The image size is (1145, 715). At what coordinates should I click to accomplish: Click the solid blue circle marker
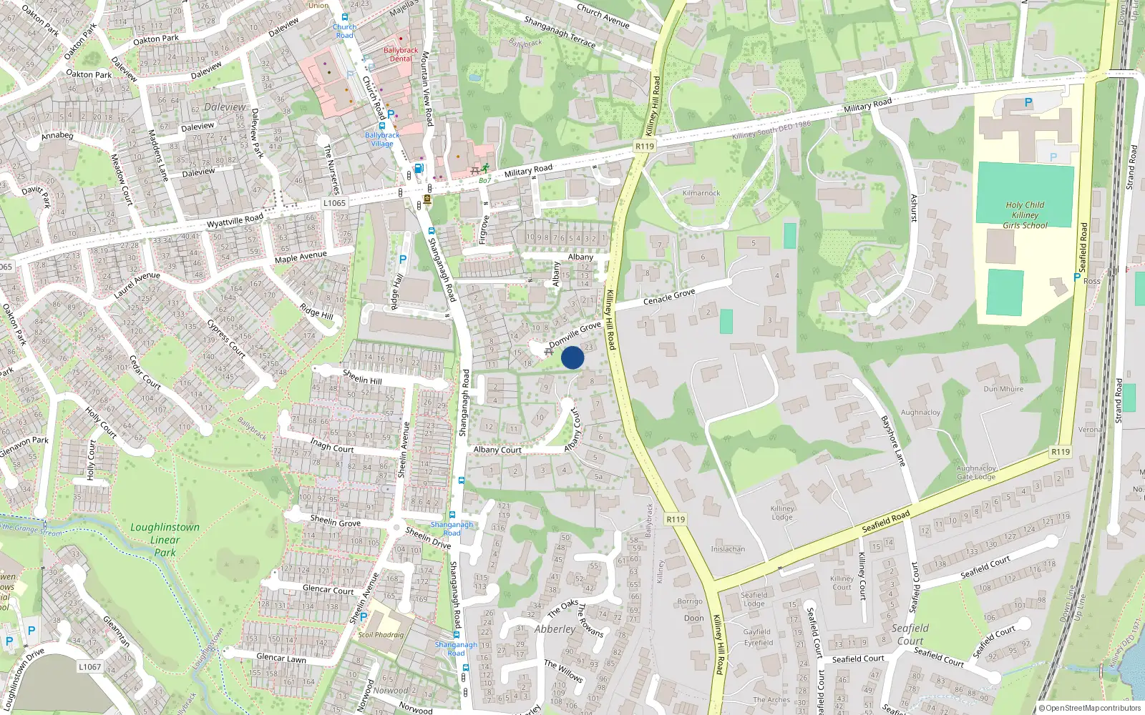coord(572,357)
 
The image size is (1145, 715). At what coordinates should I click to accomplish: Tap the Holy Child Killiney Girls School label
coord(1025,215)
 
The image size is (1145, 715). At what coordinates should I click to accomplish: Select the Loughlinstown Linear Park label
coord(165,540)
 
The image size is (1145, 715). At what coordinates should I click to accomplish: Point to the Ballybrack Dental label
coord(401,54)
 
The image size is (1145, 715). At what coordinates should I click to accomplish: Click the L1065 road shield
coord(334,203)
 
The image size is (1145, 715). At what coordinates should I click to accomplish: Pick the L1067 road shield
coord(90,666)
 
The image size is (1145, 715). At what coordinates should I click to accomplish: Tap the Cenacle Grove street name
coord(669,297)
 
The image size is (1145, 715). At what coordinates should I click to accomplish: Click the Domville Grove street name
coord(575,335)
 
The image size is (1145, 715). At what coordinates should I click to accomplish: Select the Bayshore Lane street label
coord(893,441)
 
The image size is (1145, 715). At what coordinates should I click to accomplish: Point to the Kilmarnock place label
coord(701,193)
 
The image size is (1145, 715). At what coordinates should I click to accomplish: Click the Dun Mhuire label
coord(1003,389)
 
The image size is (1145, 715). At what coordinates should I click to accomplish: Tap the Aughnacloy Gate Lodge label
coord(976,473)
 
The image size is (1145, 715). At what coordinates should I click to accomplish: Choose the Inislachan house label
coord(728,549)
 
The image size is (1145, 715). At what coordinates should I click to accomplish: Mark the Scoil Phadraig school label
coord(381,635)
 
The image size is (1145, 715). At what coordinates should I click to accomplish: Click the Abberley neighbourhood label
coord(555,629)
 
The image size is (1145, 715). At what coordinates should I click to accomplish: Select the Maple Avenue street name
coord(301,257)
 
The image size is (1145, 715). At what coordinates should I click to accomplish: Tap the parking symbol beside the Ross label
coord(1077,277)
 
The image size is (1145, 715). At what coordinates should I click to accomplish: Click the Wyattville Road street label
coord(235,221)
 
